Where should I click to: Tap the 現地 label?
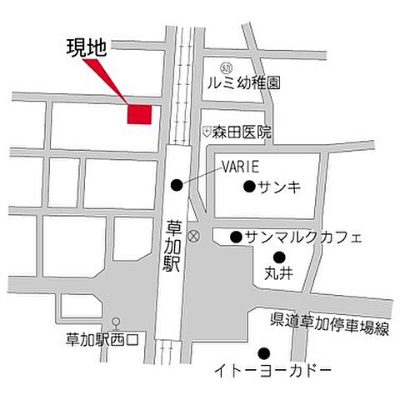coord(86,48)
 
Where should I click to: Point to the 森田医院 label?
coord(242,132)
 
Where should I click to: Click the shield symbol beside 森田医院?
coord(205,132)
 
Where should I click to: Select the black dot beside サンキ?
coord(247,186)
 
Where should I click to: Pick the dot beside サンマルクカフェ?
coord(236,237)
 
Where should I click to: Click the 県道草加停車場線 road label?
coord(330,327)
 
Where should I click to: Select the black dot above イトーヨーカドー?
coord(264,352)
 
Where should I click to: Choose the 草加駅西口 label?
coord(106,340)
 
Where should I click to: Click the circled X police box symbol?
coord(194,237)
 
